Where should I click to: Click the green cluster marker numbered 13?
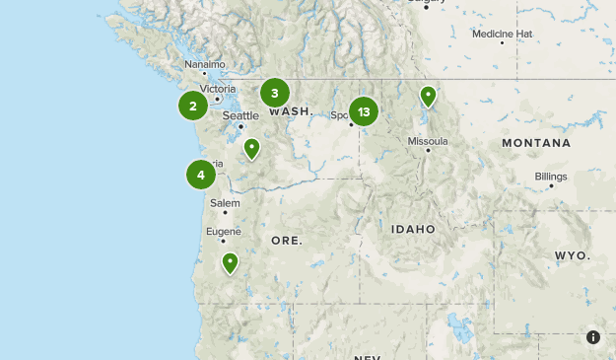(x=364, y=111)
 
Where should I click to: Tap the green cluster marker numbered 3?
(x=275, y=94)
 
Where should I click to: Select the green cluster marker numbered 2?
(x=193, y=106)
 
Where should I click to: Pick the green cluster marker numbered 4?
(x=201, y=175)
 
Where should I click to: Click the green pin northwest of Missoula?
(x=428, y=97)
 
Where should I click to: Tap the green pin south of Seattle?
(x=252, y=149)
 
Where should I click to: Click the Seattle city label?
(x=240, y=115)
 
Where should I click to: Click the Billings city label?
(x=551, y=176)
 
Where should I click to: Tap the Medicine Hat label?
(x=502, y=34)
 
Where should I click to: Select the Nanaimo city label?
(x=205, y=64)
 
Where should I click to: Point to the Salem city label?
(x=225, y=202)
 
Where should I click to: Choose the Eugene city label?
(x=223, y=231)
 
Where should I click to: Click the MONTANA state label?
(x=535, y=143)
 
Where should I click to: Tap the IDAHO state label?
(x=413, y=229)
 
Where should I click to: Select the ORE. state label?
(x=287, y=241)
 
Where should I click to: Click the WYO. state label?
(x=572, y=255)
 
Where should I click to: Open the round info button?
(x=593, y=337)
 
